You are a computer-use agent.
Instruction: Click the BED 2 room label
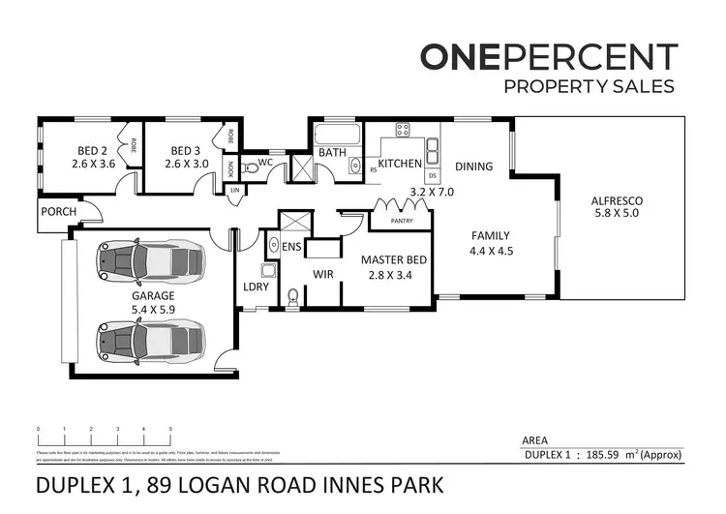(93, 150)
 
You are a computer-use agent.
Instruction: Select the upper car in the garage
(151, 260)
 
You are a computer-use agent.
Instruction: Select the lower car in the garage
(151, 340)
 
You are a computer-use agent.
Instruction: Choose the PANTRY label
(402, 221)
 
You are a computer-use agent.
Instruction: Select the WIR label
(322, 274)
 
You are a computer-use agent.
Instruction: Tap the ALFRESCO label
(617, 201)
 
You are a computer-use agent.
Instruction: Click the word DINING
(473, 166)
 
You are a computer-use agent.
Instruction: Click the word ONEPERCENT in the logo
(547, 57)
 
